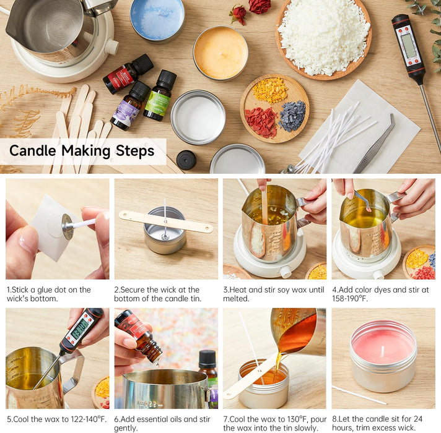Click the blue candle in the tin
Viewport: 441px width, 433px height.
coord(157,19)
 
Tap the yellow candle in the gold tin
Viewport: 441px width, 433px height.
coord(220,53)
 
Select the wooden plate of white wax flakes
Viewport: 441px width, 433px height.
coord(323,38)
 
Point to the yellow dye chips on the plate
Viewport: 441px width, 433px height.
coord(270,90)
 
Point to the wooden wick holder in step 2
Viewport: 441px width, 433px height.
coord(165,221)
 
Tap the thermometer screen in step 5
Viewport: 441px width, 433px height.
coord(79,330)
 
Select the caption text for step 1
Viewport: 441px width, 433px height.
coord(50,294)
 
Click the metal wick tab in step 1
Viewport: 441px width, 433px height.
coord(67,226)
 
